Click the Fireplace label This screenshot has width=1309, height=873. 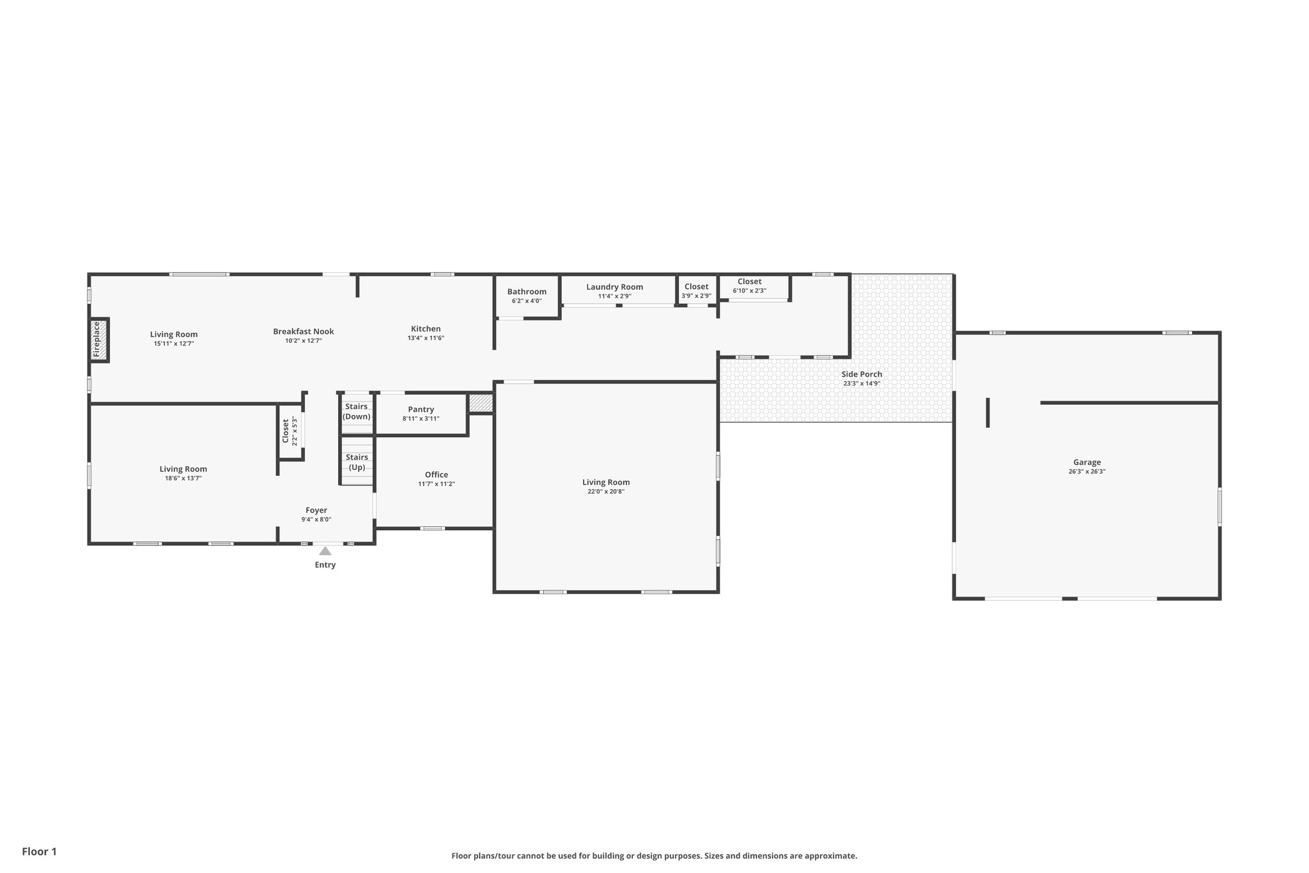pyautogui.click(x=97, y=340)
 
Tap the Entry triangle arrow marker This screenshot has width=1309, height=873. pyautogui.click(x=325, y=551)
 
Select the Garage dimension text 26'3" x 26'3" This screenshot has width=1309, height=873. pyautogui.click(x=1087, y=472)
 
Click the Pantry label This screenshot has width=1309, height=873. pyautogui.click(x=421, y=409)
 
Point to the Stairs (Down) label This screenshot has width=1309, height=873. pyautogui.click(x=356, y=412)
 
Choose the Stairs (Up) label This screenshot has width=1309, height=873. pyautogui.click(x=357, y=462)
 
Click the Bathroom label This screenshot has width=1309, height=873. pyautogui.click(x=527, y=292)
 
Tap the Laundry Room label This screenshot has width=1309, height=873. pyautogui.click(x=614, y=287)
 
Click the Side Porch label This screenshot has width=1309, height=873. pyautogui.click(x=862, y=374)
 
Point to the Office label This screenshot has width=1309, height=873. pyautogui.click(x=437, y=475)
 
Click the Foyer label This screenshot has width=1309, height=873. pyautogui.click(x=316, y=510)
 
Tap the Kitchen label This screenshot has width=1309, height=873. pyautogui.click(x=426, y=329)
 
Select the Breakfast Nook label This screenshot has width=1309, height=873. pyautogui.click(x=303, y=331)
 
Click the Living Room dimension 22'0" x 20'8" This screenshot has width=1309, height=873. pyautogui.click(x=606, y=492)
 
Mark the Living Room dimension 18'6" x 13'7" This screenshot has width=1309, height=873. pyautogui.click(x=183, y=478)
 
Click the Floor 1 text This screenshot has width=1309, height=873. pyautogui.click(x=40, y=852)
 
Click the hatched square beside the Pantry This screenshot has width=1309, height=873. pyautogui.click(x=481, y=403)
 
